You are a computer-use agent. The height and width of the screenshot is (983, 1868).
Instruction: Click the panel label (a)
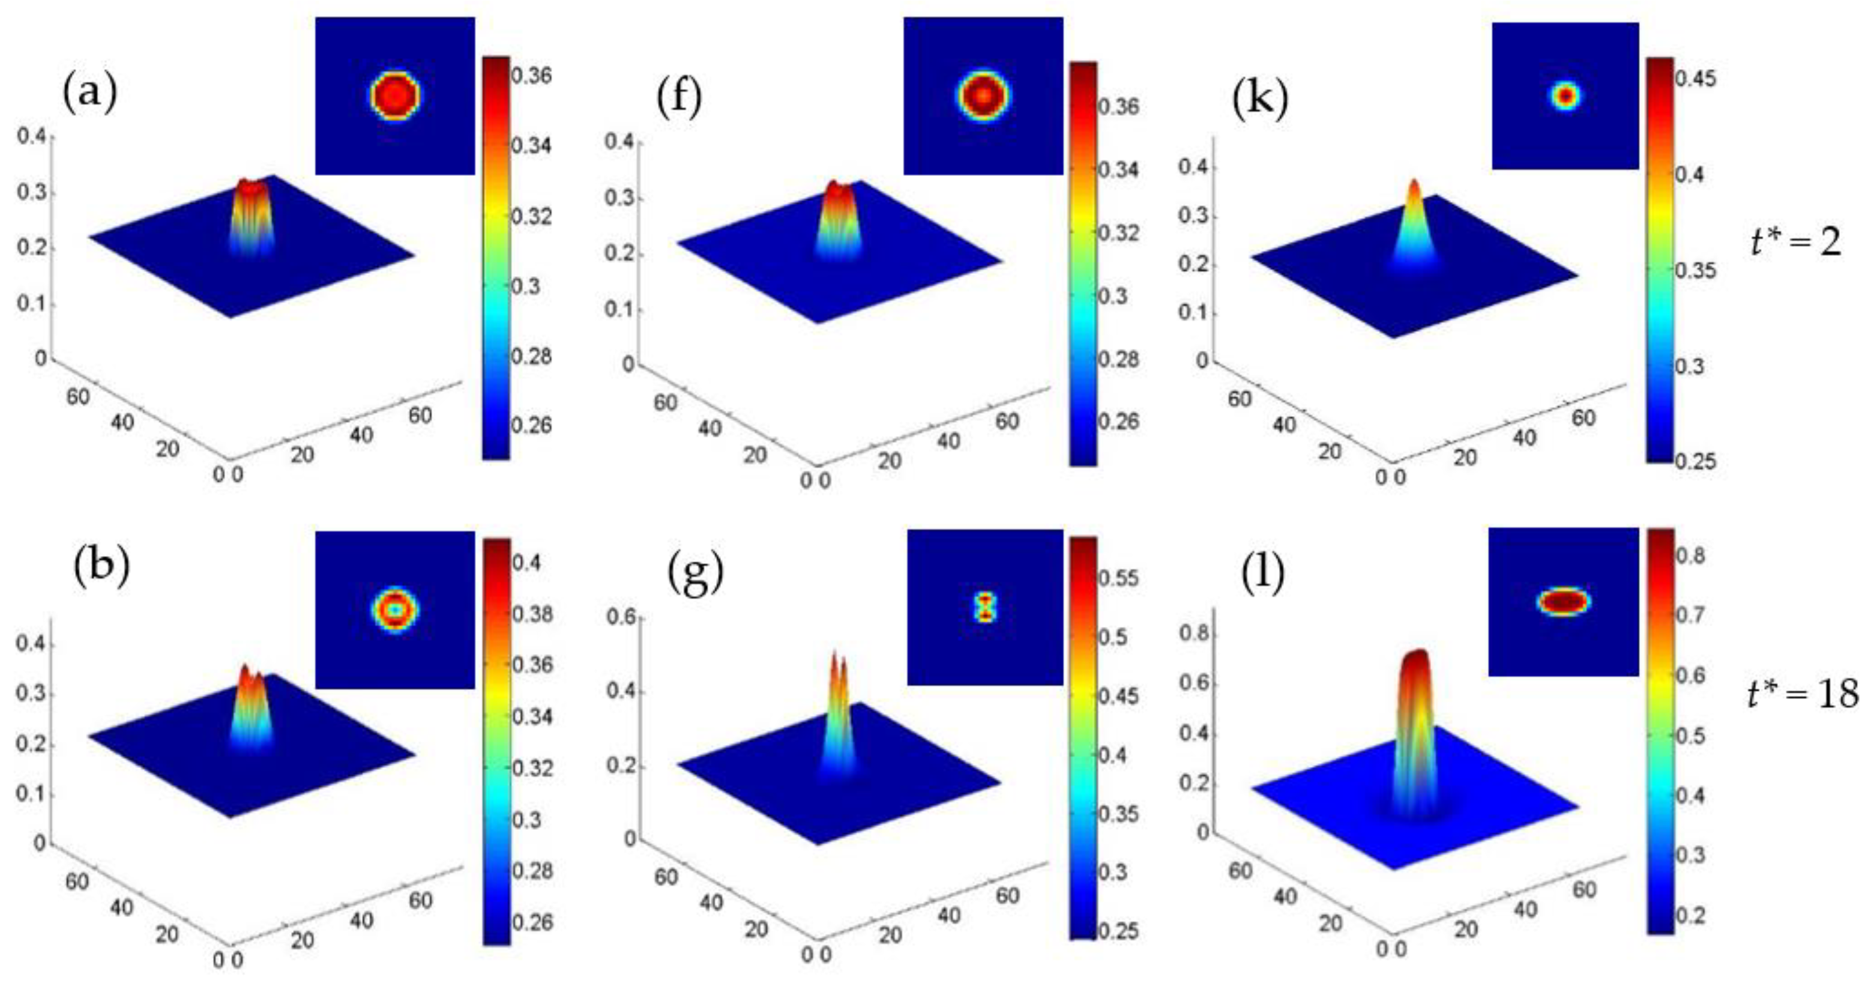90,95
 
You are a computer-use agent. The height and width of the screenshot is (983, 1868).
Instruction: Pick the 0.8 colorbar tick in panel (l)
1690,557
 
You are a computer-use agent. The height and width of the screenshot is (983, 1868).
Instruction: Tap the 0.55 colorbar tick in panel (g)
1118,578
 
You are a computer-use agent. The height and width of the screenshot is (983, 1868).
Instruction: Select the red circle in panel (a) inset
395,95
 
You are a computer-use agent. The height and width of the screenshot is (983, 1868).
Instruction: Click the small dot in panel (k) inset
1565,95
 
